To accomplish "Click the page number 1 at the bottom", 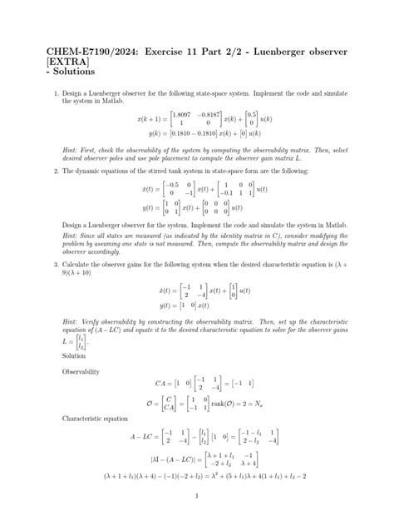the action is pyautogui.click(x=197, y=497).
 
